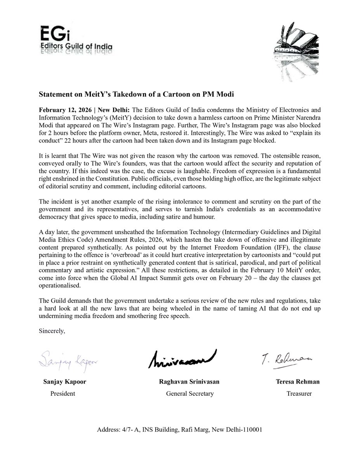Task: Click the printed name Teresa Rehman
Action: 297,382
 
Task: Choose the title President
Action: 63,393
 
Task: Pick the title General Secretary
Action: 190,393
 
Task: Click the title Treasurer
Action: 299,393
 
